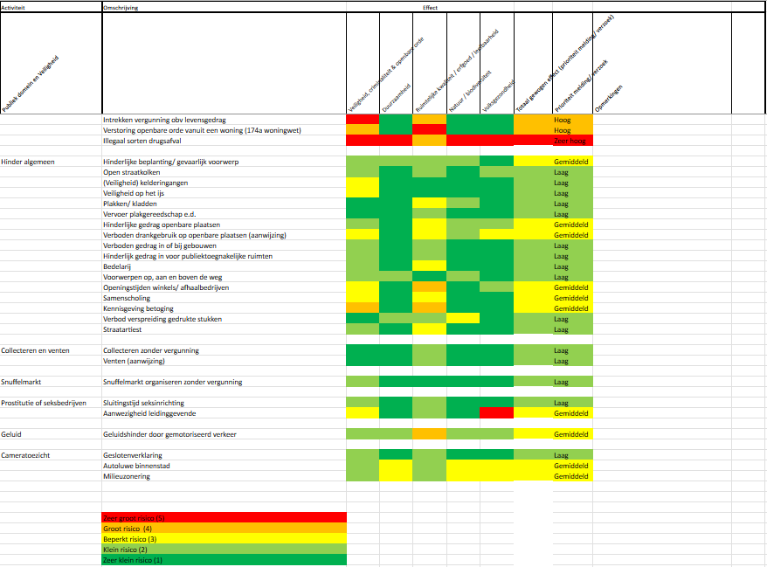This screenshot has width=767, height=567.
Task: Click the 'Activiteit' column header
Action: (13, 6)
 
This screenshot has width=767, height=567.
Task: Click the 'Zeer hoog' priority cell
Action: (569, 141)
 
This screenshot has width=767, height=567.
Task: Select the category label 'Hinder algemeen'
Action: (29, 162)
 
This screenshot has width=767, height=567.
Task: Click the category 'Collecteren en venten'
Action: (38, 350)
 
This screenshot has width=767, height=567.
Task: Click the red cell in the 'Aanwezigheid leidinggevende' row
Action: (496, 413)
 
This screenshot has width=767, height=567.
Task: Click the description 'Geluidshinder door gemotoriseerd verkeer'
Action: (169, 434)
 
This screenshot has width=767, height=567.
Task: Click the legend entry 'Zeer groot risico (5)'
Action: (134, 518)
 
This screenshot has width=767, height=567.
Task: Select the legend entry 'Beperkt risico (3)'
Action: (128, 539)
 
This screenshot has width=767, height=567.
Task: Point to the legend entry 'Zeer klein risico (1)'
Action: (133, 560)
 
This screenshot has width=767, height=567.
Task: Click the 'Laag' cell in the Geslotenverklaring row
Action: (561, 455)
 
